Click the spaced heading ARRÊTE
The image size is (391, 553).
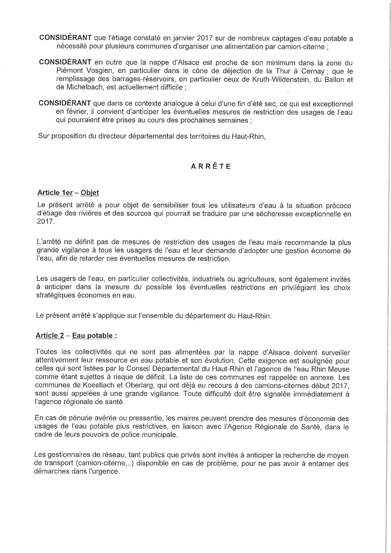[x=211, y=166]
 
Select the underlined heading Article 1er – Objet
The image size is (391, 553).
[x=68, y=193]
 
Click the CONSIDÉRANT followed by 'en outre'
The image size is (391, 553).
[x=65, y=63]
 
